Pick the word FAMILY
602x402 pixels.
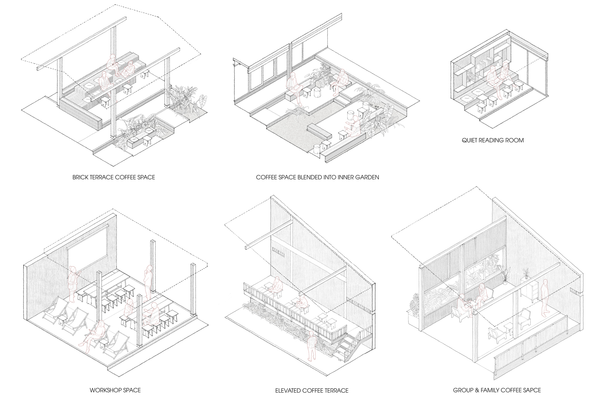[488, 390]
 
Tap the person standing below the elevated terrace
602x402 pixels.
[311, 346]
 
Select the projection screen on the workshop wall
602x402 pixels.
[88, 245]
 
